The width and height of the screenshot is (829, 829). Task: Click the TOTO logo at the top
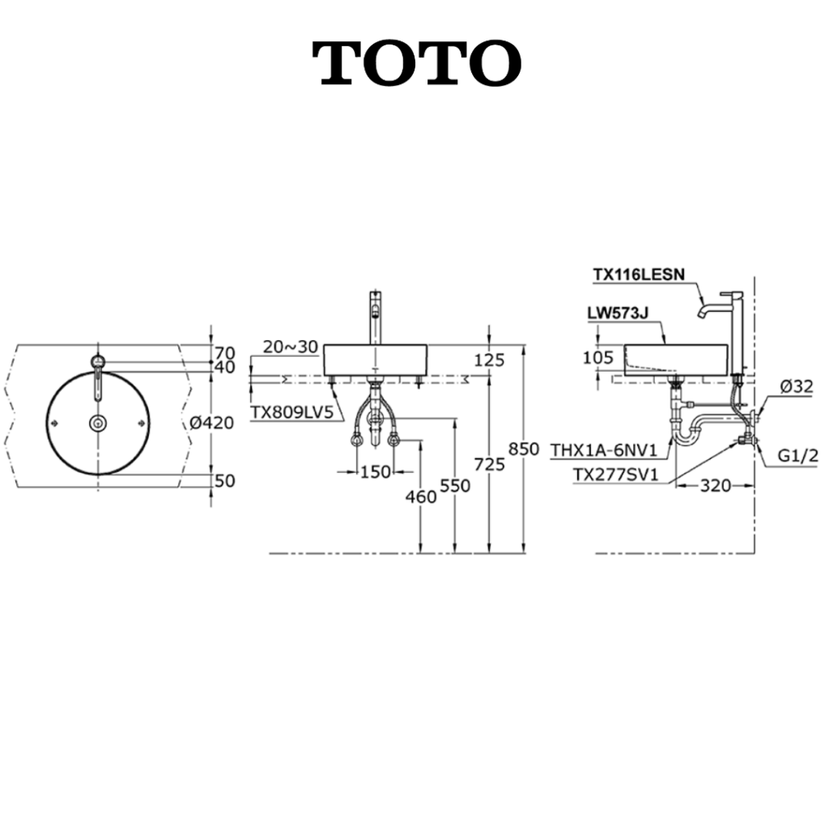[x=417, y=63]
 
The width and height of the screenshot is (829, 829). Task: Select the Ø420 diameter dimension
[x=211, y=423]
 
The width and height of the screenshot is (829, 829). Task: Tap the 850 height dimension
[x=524, y=449]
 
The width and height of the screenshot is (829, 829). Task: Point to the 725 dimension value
[x=490, y=464]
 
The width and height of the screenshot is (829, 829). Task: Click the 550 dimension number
[x=455, y=486]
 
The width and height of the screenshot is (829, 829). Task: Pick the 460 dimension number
[x=421, y=496]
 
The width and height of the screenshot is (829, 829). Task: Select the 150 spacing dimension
[x=376, y=472]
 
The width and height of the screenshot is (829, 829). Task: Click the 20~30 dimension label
[x=291, y=346]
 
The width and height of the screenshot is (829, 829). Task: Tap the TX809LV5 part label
[x=291, y=412]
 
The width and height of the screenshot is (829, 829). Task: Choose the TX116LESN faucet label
[x=639, y=274]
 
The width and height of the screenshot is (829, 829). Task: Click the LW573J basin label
[x=618, y=313]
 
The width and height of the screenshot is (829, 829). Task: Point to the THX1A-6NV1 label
[x=604, y=450]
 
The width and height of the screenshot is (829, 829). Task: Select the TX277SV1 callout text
[x=616, y=474]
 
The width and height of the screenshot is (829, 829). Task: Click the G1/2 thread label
[x=797, y=455]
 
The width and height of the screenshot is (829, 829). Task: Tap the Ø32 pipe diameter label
[x=797, y=386]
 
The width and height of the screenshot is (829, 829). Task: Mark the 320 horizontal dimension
[x=716, y=486]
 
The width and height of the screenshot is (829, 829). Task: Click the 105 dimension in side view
[x=598, y=357]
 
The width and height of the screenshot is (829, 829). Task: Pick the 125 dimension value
[x=489, y=360]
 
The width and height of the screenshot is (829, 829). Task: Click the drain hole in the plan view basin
[x=98, y=423]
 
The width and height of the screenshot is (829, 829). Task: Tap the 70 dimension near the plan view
[x=225, y=353]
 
